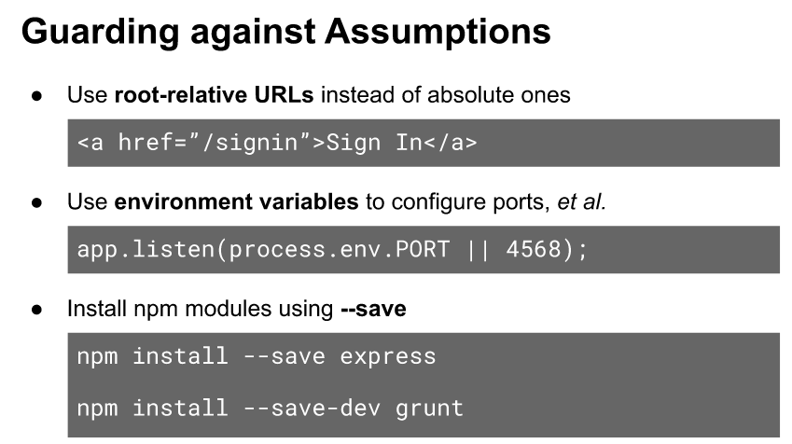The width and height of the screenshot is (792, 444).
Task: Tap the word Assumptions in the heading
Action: click(x=438, y=32)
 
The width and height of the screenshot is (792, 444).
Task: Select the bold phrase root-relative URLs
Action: click(x=215, y=95)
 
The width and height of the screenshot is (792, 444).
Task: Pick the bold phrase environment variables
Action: click(x=236, y=201)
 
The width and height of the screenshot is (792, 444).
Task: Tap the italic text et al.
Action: click(x=581, y=201)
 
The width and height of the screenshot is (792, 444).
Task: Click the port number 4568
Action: click(x=534, y=250)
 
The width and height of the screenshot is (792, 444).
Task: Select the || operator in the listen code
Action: click(x=478, y=250)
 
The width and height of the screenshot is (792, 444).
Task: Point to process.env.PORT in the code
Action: click(x=339, y=250)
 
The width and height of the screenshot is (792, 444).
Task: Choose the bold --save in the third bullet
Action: click(x=373, y=309)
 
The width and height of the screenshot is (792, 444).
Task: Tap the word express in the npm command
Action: click(x=387, y=357)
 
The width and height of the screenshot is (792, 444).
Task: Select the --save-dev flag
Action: click(x=313, y=409)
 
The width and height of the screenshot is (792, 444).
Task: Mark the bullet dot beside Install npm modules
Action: click(x=36, y=309)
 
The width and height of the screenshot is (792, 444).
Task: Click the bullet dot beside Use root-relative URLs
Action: click(x=36, y=95)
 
